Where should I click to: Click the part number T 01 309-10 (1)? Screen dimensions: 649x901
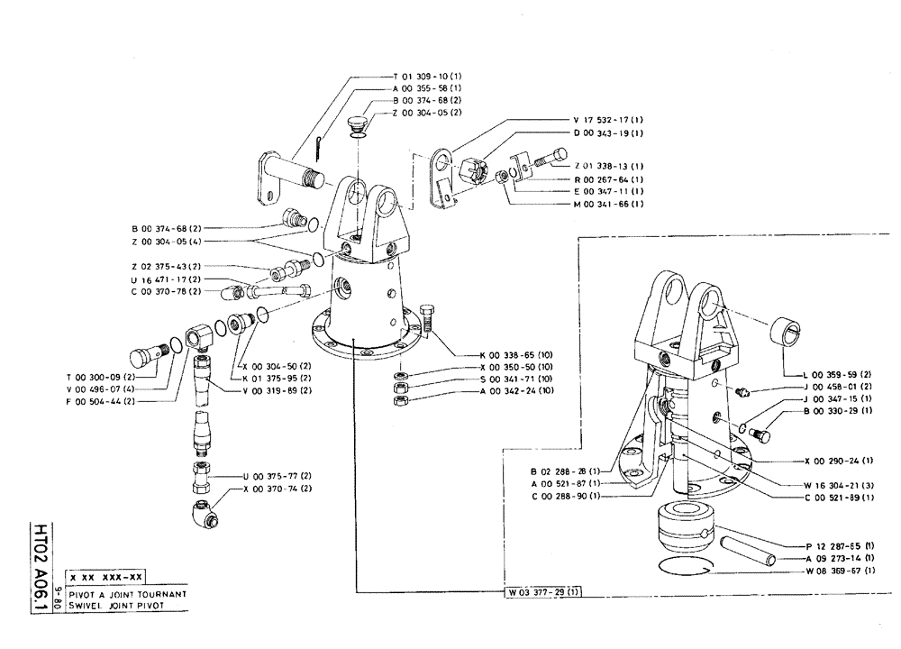428,78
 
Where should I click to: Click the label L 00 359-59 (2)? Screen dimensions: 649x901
836,373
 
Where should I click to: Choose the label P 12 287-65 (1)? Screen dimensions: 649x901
837,546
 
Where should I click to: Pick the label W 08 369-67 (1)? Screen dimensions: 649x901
837,571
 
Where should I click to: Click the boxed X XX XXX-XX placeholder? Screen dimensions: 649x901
107,578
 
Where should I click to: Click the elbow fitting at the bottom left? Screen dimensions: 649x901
205,515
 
